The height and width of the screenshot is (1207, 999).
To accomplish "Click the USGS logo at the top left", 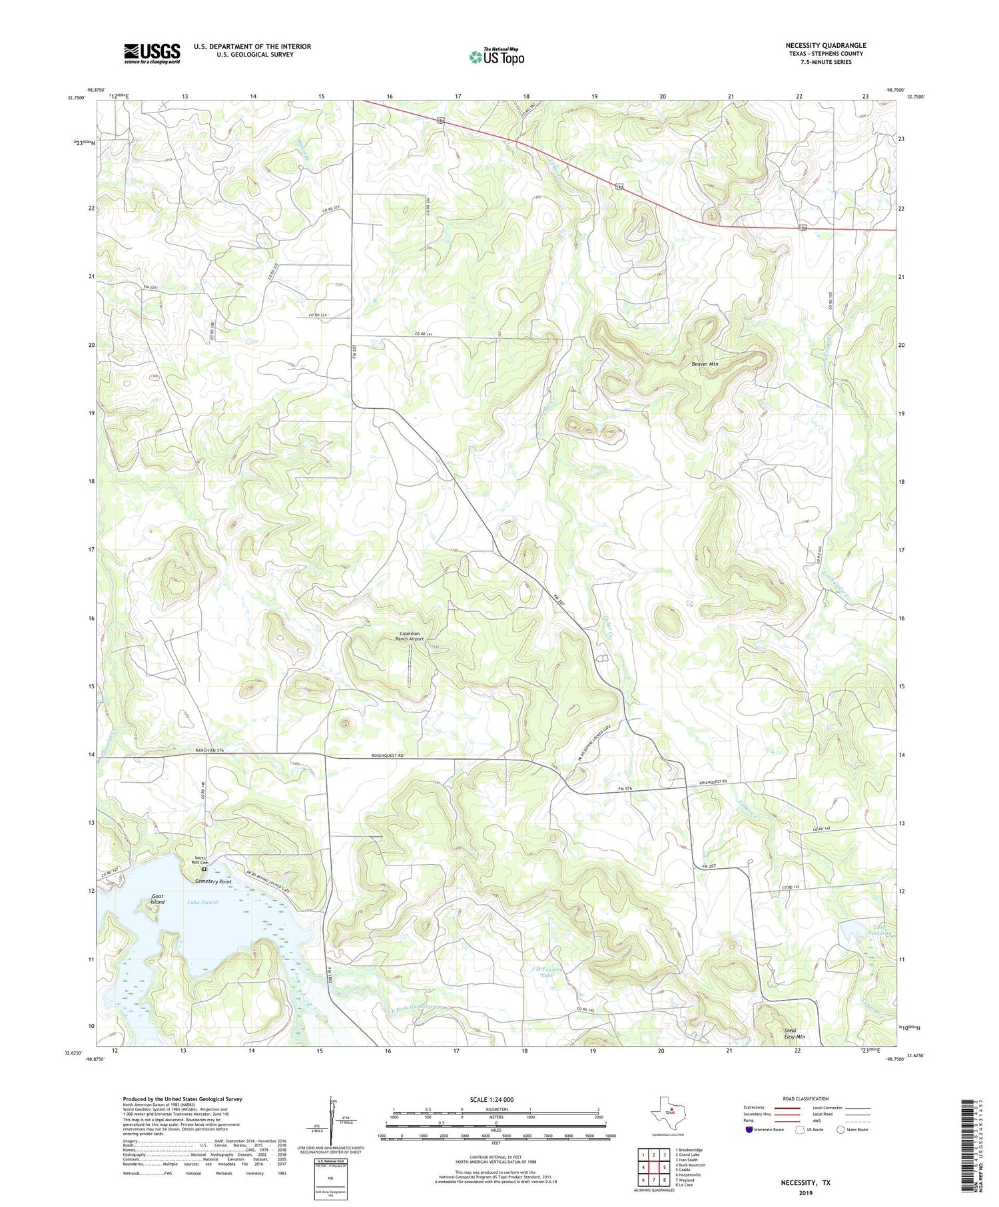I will pos(151,53).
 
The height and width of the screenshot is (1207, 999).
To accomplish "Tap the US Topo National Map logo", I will pos(496,56).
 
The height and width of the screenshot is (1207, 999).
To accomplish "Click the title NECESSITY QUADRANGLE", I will pos(825,45).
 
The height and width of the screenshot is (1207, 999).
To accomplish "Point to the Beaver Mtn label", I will pos(704,364).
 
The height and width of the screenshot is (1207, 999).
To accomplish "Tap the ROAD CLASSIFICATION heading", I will pos(805,1098).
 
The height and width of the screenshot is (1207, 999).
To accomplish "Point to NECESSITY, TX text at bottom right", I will pos(806,1182).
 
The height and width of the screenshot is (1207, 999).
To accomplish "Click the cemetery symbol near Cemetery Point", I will pos(204,869).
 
